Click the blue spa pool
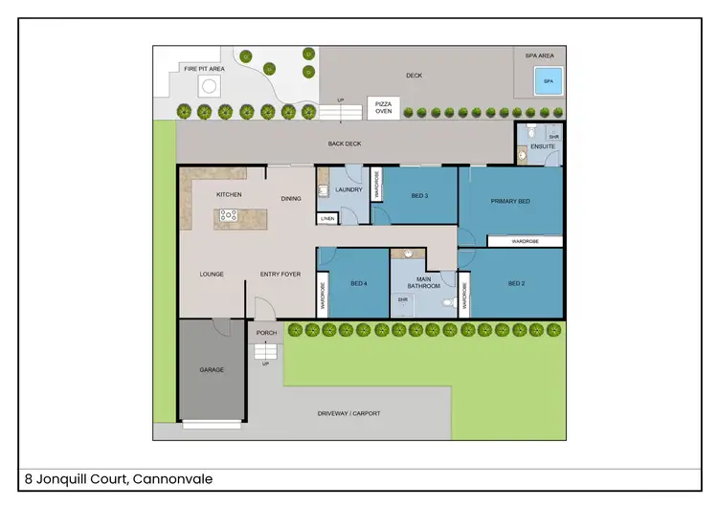549,82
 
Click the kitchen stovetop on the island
229,215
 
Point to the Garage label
212,369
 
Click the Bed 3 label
419,195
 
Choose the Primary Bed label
510,201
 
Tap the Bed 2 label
516,283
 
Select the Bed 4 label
359,283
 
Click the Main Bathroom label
423,282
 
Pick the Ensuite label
529,146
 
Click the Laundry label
348,189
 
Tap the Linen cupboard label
327,219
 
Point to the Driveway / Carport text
348,414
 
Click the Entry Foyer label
280,275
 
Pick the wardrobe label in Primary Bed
525,242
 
